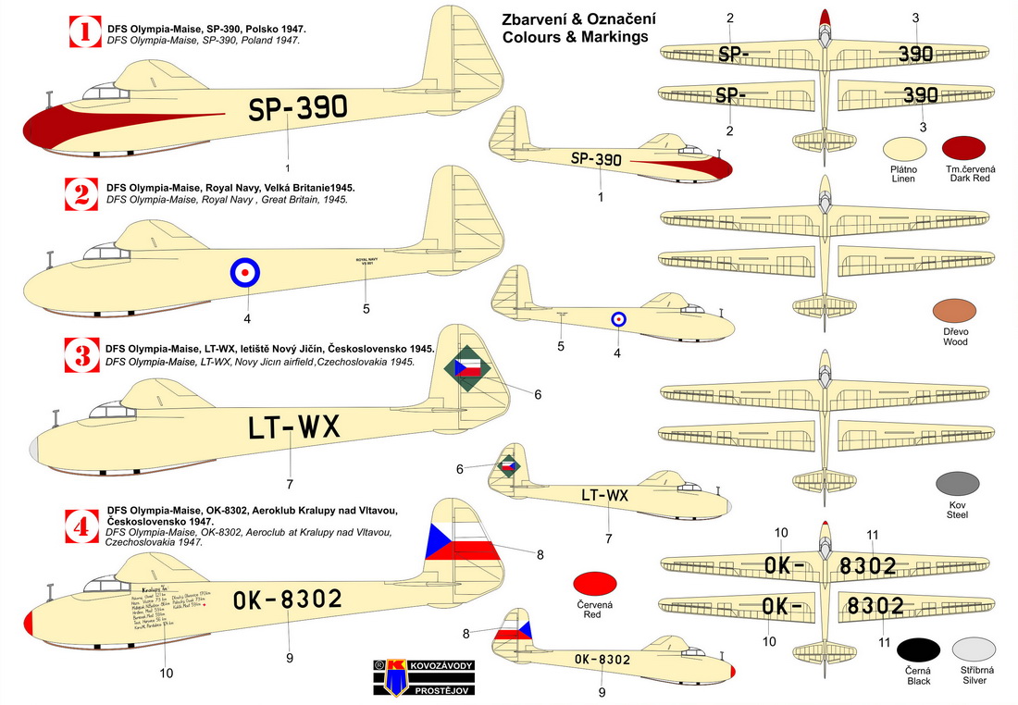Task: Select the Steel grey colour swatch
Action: [956, 484]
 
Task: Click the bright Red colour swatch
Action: [597, 583]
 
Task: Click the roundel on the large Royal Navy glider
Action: [245, 272]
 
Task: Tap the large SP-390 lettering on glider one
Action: [297, 109]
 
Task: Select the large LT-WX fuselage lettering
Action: [293, 427]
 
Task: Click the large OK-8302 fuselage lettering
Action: [288, 600]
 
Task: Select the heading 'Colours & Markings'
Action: [575, 37]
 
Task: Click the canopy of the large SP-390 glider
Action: [107, 90]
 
